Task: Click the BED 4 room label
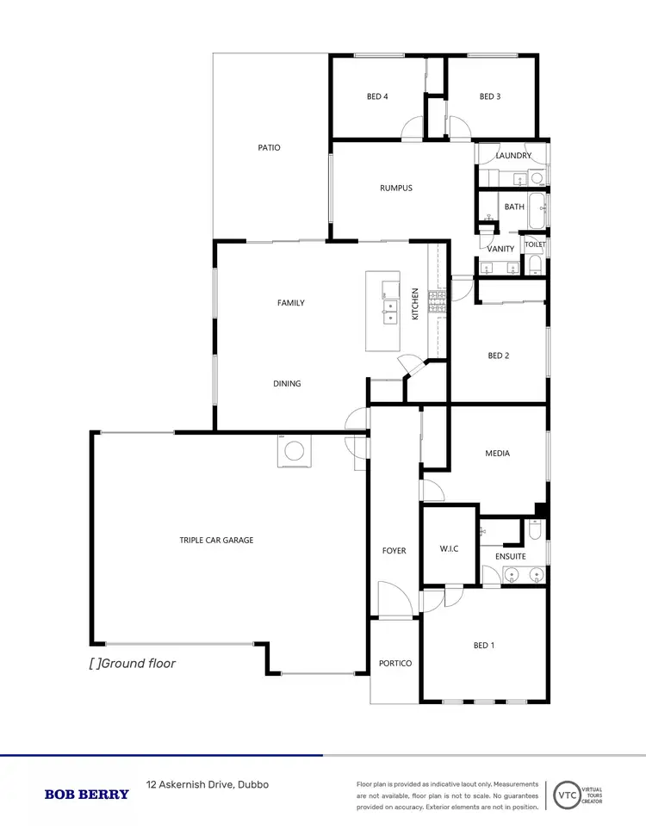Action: tap(377, 96)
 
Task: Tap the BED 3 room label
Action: tap(490, 96)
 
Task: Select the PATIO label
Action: tap(269, 147)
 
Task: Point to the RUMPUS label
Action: tap(396, 188)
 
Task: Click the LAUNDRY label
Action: tap(513, 156)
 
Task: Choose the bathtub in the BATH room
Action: tap(537, 211)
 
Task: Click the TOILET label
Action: tap(535, 244)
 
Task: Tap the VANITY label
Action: tap(500, 249)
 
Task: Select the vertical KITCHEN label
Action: tap(414, 304)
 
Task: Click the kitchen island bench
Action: tap(382, 311)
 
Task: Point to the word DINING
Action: tap(287, 383)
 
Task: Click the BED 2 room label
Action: tap(499, 356)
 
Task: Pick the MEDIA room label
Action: tap(498, 454)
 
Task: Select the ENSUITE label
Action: tap(510, 557)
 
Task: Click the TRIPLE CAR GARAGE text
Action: tap(216, 540)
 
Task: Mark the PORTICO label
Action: tap(395, 663)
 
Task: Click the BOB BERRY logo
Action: tap(86, 794)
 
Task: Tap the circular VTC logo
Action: tap(567, 794)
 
